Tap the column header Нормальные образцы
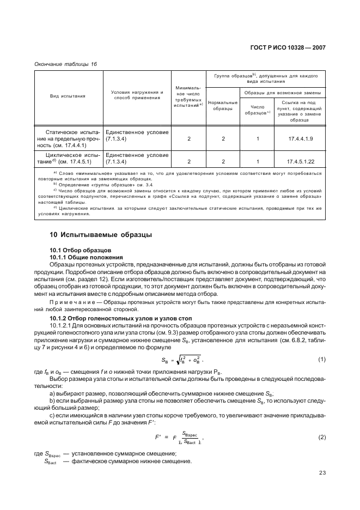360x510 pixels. pyautogui.click(x=222, y=106)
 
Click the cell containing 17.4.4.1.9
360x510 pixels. pyautogui.click(x=300, y=139)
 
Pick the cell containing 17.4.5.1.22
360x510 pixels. pyautogui.click(x=300, y=162)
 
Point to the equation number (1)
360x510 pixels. pyautogui.click(x=321, y=359)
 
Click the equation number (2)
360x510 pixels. pyautogui.click(x=321, y=438)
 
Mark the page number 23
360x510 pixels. pyautogui.click(x=322, y=472)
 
